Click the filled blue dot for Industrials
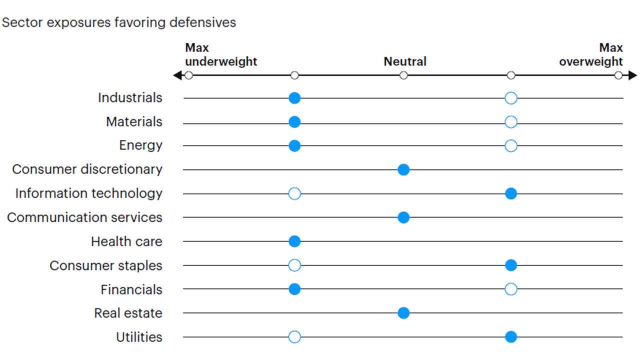[x=294, y=98]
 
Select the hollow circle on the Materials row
[x=510, y=122]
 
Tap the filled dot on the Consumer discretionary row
[x=403, y=170]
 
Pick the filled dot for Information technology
[x=510, y=194]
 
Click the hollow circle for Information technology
[x=294, y=194]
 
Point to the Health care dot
[x=294, y=241]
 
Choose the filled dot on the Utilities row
[x=510, y=337]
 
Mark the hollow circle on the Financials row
[x=510, y=289]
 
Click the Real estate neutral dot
[x=403, y=313]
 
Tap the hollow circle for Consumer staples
[x=294, y=265]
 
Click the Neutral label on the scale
[x=405, y=61]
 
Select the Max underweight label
[x=220, y=55]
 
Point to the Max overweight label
[x=591, y=55]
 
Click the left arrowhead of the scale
[x=176, y=75]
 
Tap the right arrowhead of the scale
[x=633, y=75]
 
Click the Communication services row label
[x=84, y=217]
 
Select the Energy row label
[x=140, y=145]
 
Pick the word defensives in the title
[x=204, y=23]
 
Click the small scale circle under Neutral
[x=403, y=75]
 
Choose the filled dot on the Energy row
[x=294, y=146]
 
